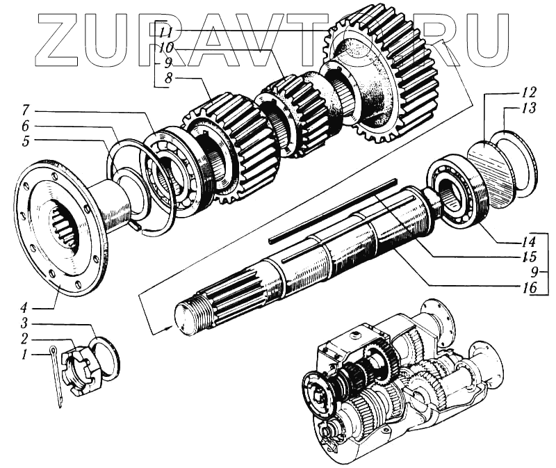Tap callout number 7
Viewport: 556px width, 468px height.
25,111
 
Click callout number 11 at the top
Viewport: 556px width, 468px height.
165,33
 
